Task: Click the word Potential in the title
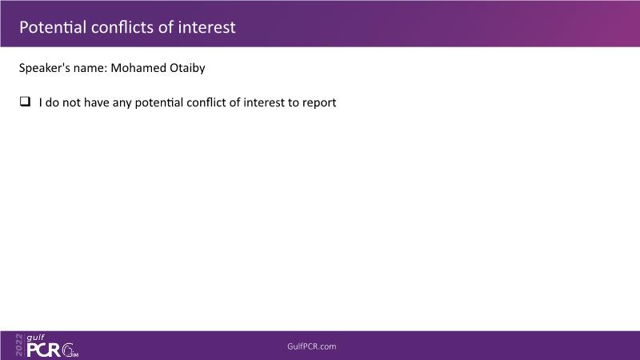coord(53,27)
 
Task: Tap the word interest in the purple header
coord(206,27)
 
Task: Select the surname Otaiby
coord(187,68)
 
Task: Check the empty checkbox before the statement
coord(25,102)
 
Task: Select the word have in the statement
coord(97,102)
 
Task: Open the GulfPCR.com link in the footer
coord(312,346)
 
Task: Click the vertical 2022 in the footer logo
coord(19,345)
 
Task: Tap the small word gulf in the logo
coord(35,338)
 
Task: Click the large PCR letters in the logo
coord(43,350)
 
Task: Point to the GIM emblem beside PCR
coord(70,350)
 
